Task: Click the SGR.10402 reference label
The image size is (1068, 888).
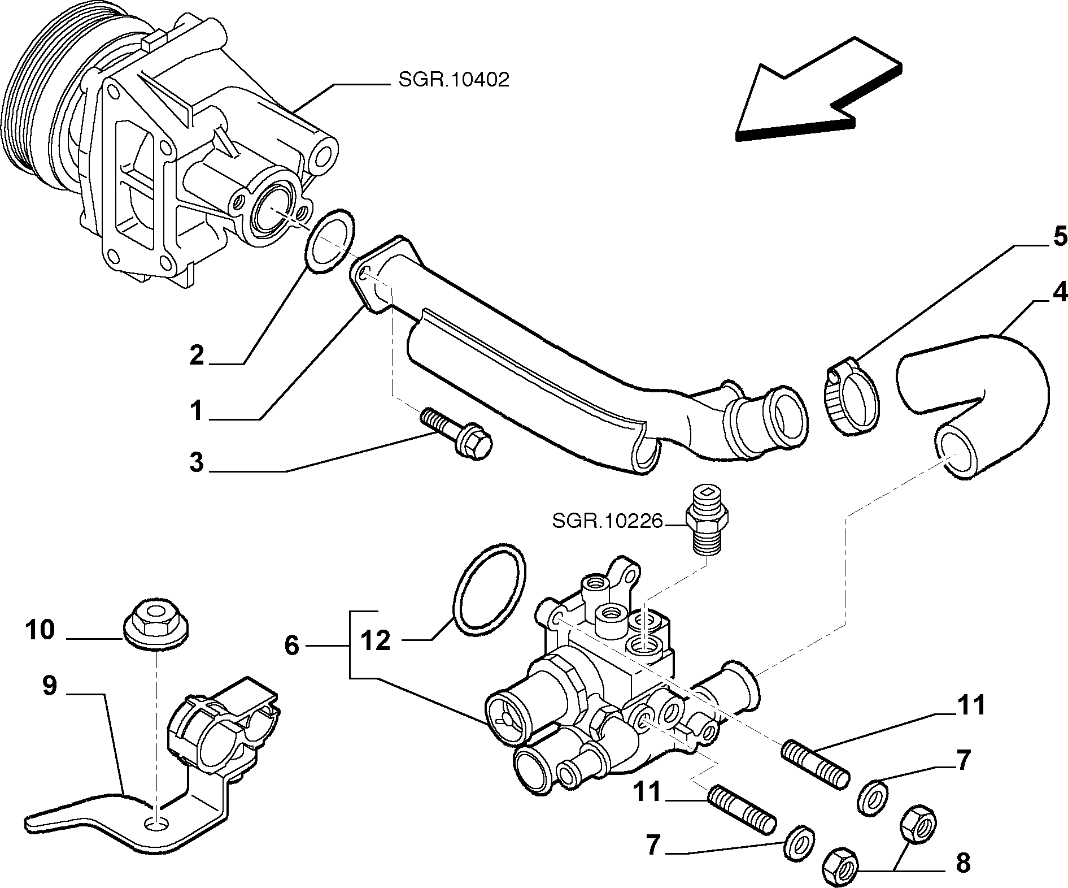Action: (x=454, y=80)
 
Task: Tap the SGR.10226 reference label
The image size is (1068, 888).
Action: (x=607, y=521)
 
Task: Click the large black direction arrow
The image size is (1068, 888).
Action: (x=818, y=90)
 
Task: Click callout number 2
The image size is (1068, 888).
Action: (x=196, y=355)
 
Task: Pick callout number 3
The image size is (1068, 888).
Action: (x=196, y=462)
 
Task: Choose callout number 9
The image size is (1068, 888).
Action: (x=50, y=686)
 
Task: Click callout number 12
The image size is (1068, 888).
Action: (x=375, y=640)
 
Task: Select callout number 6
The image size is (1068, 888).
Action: (x=291, y=645)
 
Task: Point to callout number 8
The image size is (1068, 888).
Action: (x=962, y=863)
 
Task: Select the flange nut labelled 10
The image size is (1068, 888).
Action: (x=156, y=625)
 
